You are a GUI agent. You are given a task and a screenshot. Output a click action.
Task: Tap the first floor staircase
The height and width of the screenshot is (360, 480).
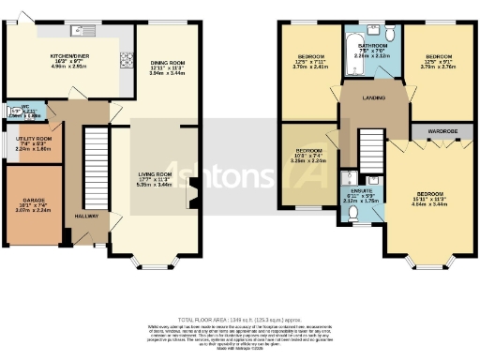[373, 151]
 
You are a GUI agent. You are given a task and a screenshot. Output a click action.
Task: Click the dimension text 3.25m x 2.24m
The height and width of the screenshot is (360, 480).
[309, 160]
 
